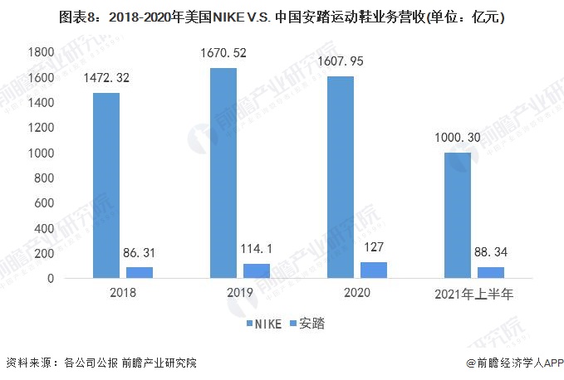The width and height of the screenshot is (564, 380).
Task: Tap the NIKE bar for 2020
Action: click(x=340, y=177)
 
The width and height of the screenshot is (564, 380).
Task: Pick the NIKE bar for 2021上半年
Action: click(x=457, y=215)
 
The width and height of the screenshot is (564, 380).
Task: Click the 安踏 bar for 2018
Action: click(x=140, y=272)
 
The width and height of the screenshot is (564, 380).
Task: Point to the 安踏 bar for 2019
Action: click(x=257, y=270)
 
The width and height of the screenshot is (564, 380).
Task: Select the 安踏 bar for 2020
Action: click(x=374, y=270)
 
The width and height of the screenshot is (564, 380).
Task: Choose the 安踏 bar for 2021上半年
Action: click(x=491, y=272)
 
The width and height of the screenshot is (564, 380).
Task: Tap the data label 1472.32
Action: click(x=105, y=79)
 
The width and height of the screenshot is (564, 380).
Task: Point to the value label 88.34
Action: click(x=491, y=253)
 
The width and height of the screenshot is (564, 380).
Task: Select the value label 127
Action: click(x=374, y=249)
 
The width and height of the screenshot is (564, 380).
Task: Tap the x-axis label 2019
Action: click(x=239, y=294)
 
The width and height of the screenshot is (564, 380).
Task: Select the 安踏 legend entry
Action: click(x=308, y=323)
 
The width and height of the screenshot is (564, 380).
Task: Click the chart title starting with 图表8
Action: click(x=282, y=15)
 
